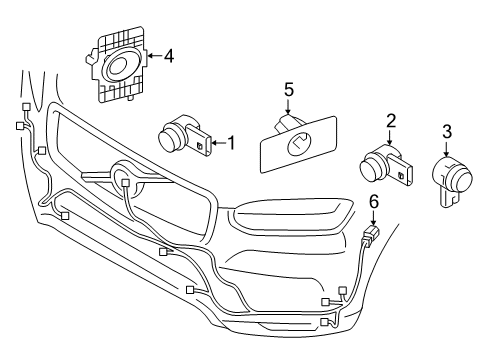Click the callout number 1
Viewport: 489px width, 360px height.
point(231,143)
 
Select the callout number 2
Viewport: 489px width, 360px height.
point(392,121)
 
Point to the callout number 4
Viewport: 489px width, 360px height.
point(169,57)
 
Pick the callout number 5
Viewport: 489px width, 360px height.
point(288,90)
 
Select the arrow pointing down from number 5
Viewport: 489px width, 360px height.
point(288,108)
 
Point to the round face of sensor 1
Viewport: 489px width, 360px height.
point(171,137)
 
